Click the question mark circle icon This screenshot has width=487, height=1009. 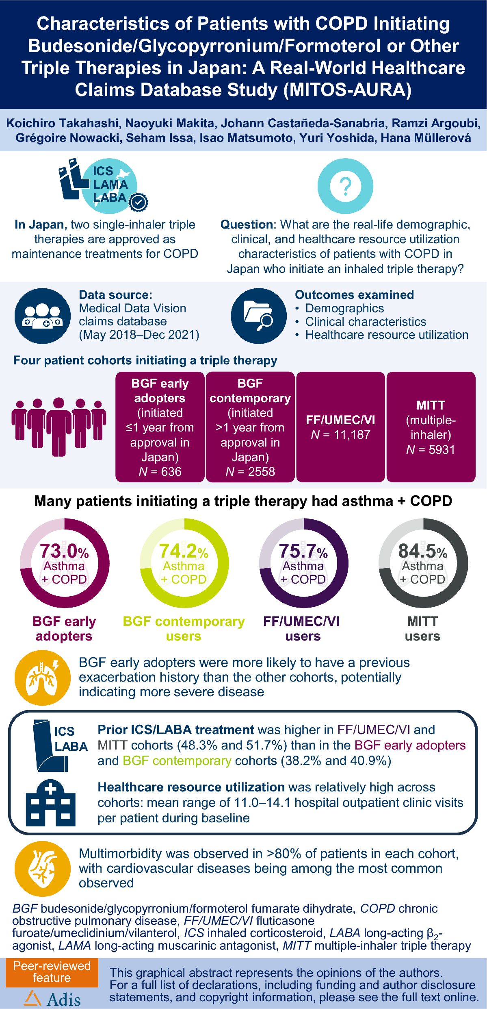(x=345, y=186)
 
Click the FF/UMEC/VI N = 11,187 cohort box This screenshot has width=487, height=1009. (x=340, y=427)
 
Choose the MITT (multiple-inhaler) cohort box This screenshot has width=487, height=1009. (x=431, y=427)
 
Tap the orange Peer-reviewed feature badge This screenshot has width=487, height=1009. (x=52, y=972)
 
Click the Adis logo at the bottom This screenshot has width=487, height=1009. (x=52, y=999)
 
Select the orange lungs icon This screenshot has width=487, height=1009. (x=42, y=678)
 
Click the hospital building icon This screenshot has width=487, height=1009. (x=50, y=803)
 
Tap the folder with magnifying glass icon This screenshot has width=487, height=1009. (x=259, y=316)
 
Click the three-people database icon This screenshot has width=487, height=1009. (x=42, y=316)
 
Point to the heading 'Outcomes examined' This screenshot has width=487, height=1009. (x=354, y=295)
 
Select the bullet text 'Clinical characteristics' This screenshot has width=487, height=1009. (x=366, y=322)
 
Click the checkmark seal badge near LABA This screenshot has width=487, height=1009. (x=139, y=202)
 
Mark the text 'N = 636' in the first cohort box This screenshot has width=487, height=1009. (x=160, y=472)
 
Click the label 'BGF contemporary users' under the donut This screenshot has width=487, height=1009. (x=184, y=629)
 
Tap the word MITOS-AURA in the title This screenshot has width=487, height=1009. (x=347, y=90)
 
